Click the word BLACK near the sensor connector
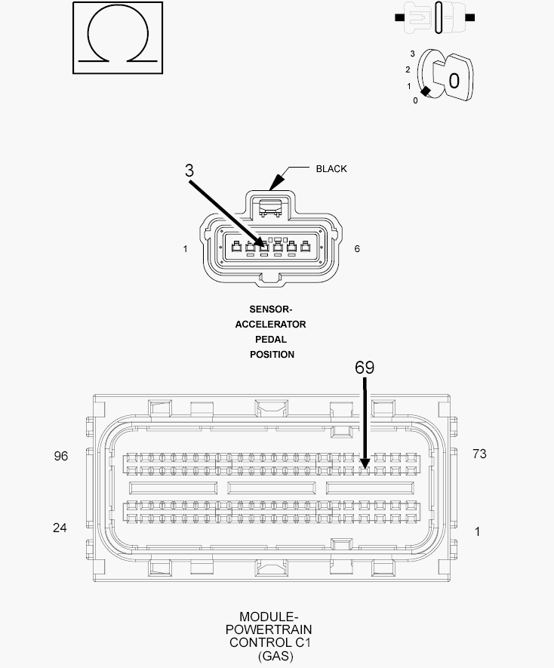tap(331, 169)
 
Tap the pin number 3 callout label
tap(189, 171)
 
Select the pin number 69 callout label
tap(365, 368)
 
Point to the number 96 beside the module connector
tap(61, 456)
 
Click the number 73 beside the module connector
tap(479, 454)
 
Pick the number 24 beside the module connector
tap(60, 528)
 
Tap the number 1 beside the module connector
tap(477, 531)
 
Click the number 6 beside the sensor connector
tap(357, 249)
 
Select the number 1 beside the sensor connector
tap(186, 249)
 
